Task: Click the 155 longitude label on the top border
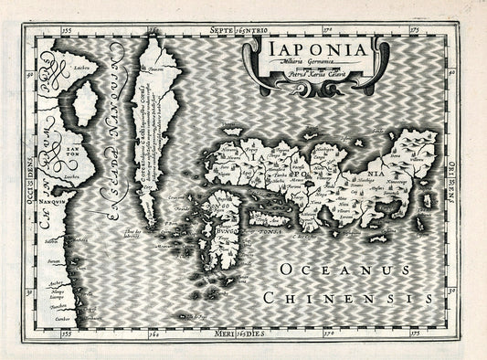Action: pyautogui.click(x=65, y=29)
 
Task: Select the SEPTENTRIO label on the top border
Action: pyautogui.click(x=239, y=29)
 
